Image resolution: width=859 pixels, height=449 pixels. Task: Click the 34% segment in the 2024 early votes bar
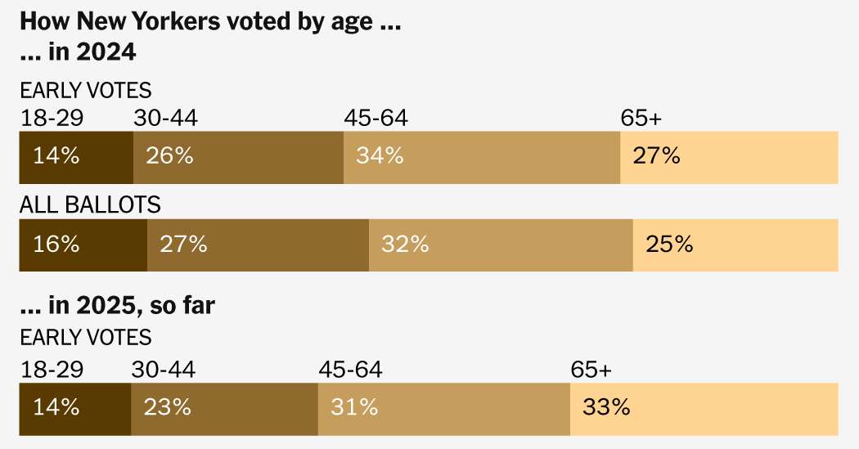click(481, 157)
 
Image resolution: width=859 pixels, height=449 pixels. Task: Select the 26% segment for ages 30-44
click(238, 157)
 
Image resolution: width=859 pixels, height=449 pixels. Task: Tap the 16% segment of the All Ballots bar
click(83, 245)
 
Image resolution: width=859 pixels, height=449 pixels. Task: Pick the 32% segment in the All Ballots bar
click(500, 245)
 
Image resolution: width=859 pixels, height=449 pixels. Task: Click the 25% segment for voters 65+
click(735, 245)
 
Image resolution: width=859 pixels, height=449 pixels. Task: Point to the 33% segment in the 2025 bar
click(704, 407)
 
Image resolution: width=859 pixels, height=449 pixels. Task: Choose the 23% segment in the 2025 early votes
click(224, 407)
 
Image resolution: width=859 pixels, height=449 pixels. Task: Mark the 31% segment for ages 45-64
click(443, 407)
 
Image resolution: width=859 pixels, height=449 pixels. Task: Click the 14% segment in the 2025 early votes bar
click(74, 407)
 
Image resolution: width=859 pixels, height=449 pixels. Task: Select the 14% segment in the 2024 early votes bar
click(75, 157)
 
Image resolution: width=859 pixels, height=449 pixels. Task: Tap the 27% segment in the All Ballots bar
click(258, 245)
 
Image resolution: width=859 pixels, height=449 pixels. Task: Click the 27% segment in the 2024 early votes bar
click(728, 157)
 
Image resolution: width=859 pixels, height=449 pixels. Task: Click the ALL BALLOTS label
click(90, 205)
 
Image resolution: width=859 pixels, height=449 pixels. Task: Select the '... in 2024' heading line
click(78, 52)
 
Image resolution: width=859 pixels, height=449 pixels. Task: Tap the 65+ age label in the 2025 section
click(591, 370)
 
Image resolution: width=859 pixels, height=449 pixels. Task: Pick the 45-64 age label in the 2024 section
click(376, 119)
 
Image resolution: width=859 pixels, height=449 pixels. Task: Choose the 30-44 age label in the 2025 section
click(163, 370)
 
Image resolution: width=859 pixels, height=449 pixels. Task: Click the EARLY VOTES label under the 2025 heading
click(86, 337)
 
